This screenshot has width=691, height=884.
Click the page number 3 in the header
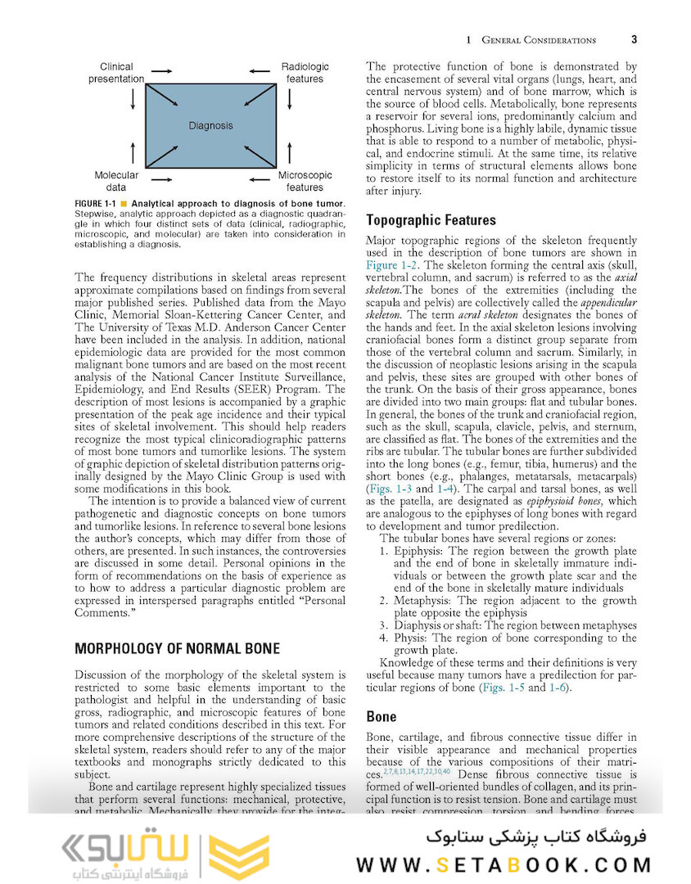tap(635, 39)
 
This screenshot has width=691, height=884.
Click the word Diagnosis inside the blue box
tap(210, 125)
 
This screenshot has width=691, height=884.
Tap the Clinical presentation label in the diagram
tap(116, 73)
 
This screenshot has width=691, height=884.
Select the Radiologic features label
tap(305, 73)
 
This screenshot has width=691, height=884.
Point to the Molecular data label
tap(116, 181)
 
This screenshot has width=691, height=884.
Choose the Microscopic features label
tap(305, 181)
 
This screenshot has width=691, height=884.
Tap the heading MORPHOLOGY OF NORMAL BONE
tap(177, 648)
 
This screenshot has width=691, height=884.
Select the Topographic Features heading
tap(431, 220)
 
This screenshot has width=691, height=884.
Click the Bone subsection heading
tap(381, 716)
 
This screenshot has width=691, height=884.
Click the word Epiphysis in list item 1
tap(419, 552)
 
